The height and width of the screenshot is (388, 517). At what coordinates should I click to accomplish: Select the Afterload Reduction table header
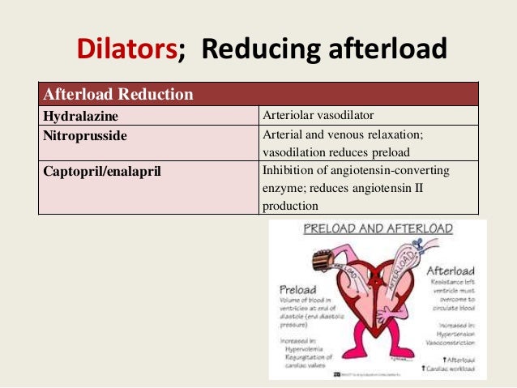pos(118,95)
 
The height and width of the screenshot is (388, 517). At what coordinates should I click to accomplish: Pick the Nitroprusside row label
pos(85,135)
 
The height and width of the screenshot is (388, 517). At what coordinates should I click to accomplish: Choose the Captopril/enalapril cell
pos(100,171)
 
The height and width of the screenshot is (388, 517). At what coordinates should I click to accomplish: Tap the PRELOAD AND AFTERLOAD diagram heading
pos(376,228)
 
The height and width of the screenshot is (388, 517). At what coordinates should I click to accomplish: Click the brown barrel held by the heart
pos(326,258)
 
